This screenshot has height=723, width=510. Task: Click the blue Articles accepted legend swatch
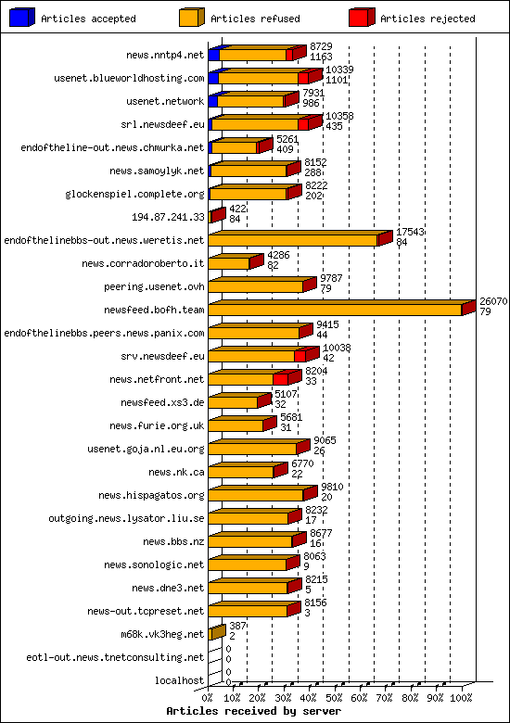23,18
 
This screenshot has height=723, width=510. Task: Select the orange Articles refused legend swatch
190,18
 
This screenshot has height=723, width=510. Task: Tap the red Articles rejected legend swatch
362,18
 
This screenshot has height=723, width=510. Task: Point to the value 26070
492,301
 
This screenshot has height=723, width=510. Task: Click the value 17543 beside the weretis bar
410,232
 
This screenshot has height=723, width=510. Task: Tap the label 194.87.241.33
168,217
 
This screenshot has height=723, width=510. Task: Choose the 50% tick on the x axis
336,697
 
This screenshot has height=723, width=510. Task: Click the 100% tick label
462,697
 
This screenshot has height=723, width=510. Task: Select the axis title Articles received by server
253,711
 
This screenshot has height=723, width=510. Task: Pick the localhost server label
180,680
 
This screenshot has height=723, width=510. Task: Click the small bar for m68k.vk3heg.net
215,634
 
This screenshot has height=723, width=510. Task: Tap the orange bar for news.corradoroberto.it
228,263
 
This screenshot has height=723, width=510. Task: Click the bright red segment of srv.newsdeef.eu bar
300,356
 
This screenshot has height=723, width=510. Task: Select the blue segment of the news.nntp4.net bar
213,55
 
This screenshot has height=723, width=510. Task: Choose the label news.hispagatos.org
150,495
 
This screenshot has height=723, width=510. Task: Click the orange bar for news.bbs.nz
249,541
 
